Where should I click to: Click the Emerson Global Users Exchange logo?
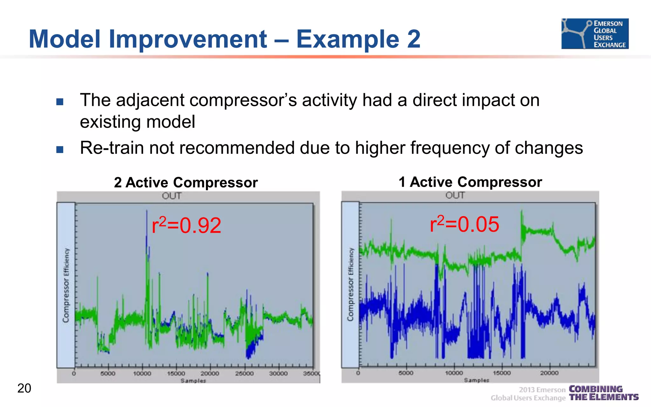(595, 33)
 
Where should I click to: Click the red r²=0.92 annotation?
(186, 225)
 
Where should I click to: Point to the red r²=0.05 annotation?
(464, 224)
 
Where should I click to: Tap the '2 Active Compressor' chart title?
(186, 183)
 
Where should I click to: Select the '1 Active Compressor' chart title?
(470, 182)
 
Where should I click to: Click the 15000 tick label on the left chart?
(176, 373)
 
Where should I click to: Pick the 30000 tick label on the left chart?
(278, 373)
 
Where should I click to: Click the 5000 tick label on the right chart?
(406, 373)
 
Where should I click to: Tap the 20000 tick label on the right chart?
(549, 373)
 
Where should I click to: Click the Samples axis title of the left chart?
(193, 381)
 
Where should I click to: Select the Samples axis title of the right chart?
(476, 380)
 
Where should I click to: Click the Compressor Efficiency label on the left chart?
(66, 285)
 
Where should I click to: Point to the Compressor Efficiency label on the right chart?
(350, 284)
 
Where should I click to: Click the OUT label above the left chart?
(171, 196)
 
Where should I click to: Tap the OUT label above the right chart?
(455, 195)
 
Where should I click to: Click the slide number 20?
(24, 388)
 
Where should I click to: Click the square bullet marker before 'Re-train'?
(60, 149)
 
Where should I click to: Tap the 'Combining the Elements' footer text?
(603, 393)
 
